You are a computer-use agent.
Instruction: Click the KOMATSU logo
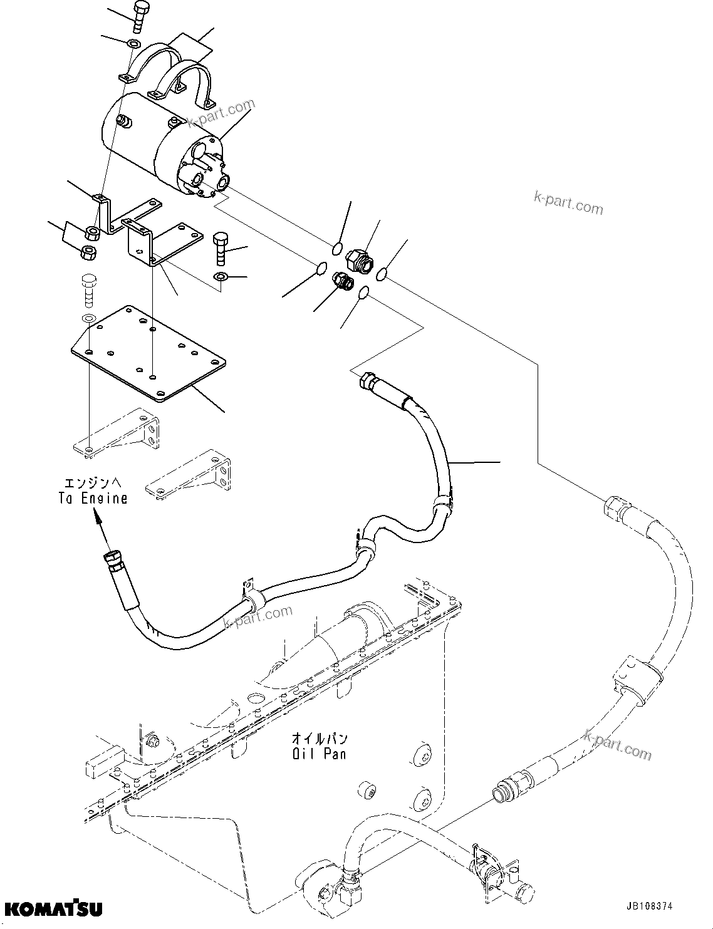[51, 908]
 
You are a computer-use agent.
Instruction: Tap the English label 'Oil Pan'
[318, 754]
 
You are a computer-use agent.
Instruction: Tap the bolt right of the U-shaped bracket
[223, 249]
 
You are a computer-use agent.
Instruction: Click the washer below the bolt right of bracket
[221, 277]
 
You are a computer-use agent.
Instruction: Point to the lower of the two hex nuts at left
[88, 253]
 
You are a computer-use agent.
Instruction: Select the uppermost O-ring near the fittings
[338, 248]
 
